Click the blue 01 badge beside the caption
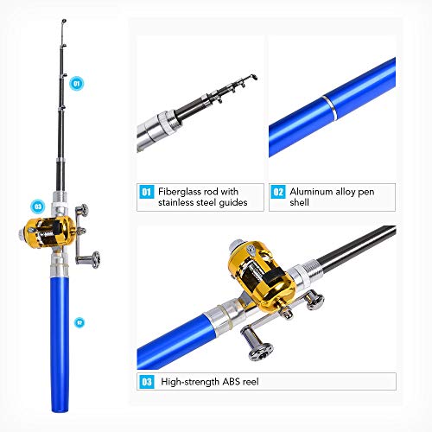pos(146,192)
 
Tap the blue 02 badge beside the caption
pos(278,192)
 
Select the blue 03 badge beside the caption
pos(146,380)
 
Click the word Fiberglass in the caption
pos(180,191)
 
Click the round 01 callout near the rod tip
pos(75,84)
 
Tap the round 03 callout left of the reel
pos(38,206)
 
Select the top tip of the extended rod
pos(64,19)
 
